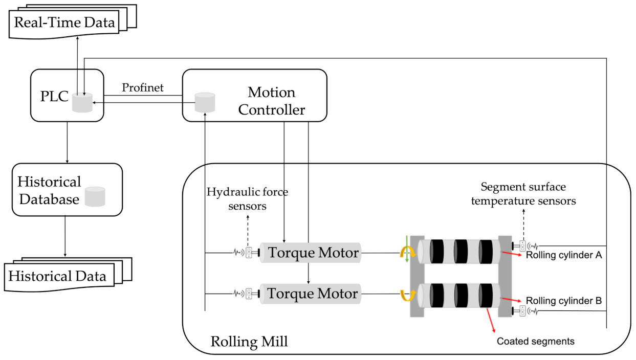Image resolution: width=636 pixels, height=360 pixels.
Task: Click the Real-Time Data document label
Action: click(64, 22)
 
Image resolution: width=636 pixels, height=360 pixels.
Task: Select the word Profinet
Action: click(143, 88)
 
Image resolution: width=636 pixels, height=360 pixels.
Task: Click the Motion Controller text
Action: click(271, 101)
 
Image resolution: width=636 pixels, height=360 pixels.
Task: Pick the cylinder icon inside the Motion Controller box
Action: click(205, 103)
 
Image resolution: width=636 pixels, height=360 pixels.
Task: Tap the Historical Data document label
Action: click(57, 277)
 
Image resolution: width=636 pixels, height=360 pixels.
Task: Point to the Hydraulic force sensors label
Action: click(247, 198)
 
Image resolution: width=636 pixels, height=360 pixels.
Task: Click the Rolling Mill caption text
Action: click(249, 341)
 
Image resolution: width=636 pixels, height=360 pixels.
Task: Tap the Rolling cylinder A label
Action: click(563, 255)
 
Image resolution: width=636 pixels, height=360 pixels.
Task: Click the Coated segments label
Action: click(536, 341)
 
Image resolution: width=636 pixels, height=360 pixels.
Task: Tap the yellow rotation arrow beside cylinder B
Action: click(407, 296)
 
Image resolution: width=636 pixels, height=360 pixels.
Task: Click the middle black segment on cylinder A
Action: click(462, 252)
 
